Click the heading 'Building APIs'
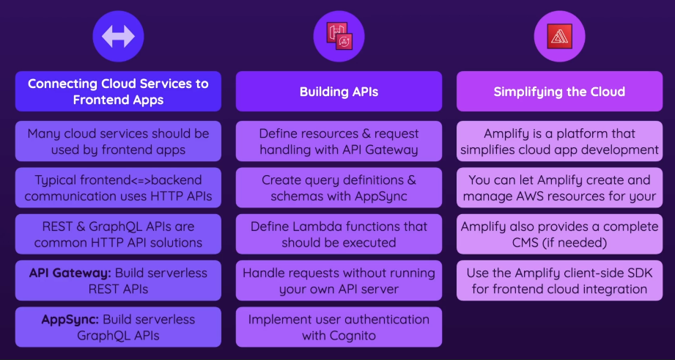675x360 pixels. pyautogui.click(x=339, y=92)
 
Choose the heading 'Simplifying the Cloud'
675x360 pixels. pyautogui.click(x=559, y=92)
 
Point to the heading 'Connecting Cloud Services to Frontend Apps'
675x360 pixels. pyautogui.click(x=118, y=92)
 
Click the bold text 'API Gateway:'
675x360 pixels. pyautogui.click(x=69, y=273)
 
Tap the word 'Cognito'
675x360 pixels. pyautogui.click(x=351, y=336)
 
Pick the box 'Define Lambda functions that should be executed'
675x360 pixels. pyautogui.click(x=339, y=235)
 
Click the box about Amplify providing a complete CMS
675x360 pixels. pyautogui.click(x=559, y=235)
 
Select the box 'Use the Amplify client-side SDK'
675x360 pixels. pyautogui.click(x=559, y=281)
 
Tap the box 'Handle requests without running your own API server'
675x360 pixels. pyautogui.click(x=339, y=281)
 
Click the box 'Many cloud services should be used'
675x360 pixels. pyautogui.click(x=118, y=142)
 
